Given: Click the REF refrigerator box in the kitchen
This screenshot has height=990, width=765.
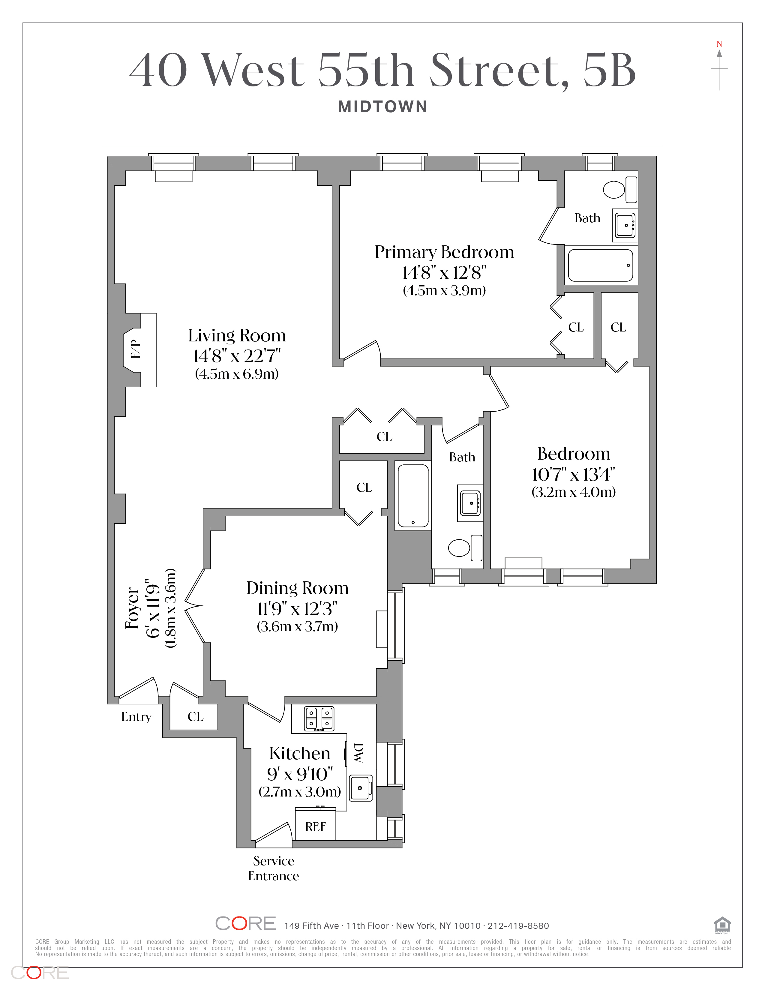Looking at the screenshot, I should (315, 826).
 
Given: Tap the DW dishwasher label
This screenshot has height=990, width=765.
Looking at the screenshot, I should (358, 753).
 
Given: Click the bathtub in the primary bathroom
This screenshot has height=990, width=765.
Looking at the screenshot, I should (601, 265).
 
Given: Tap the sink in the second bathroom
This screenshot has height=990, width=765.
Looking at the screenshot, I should (470, 503).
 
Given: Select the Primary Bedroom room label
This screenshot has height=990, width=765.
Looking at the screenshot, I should (444, 252).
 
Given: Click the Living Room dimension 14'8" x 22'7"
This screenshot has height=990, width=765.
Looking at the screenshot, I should (237, 356).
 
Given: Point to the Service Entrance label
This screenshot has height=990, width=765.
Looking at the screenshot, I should (273, 868).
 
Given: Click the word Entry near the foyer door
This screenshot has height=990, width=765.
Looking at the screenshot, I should (136, 717).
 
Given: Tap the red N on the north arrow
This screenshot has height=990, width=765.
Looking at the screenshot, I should (719, 44).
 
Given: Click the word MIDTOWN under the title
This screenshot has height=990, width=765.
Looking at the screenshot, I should (382, 107).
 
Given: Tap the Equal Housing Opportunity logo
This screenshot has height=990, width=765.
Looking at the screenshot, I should (722, 925).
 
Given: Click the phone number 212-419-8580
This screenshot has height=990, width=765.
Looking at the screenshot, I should (518, 925).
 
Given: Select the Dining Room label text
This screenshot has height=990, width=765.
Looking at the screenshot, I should (297, 588).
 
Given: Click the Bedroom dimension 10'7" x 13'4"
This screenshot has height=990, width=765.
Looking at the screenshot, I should (573, 474).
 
